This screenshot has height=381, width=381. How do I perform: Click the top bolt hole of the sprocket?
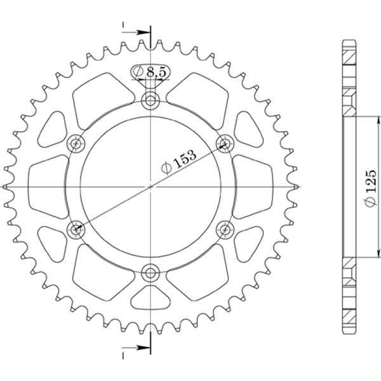pos(151,99)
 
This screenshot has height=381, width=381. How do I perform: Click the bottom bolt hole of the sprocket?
pos(151,274)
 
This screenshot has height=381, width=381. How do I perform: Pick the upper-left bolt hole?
pos(77,142)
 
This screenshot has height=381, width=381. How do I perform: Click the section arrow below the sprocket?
pos(136,348)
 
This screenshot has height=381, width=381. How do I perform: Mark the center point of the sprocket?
pos(151,187)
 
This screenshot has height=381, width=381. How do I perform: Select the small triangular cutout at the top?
pos(150,75)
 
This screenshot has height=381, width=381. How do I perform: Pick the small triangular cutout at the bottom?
pos(150,297)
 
